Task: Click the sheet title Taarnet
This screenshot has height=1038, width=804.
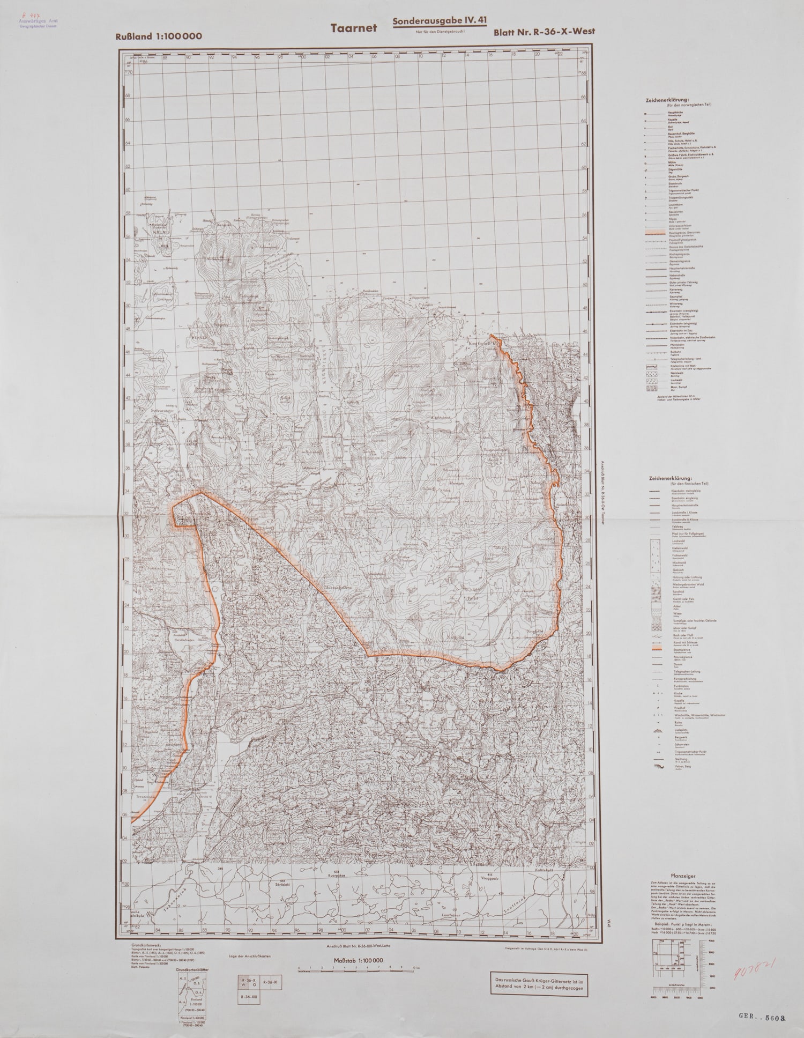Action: (x=353, y=28)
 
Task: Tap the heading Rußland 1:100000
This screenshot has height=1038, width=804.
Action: (x=158, y=36)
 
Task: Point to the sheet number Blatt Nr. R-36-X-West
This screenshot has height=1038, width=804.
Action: (x=544, y=31)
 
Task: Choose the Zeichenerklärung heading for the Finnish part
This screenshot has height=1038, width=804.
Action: (x=670, y=477)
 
